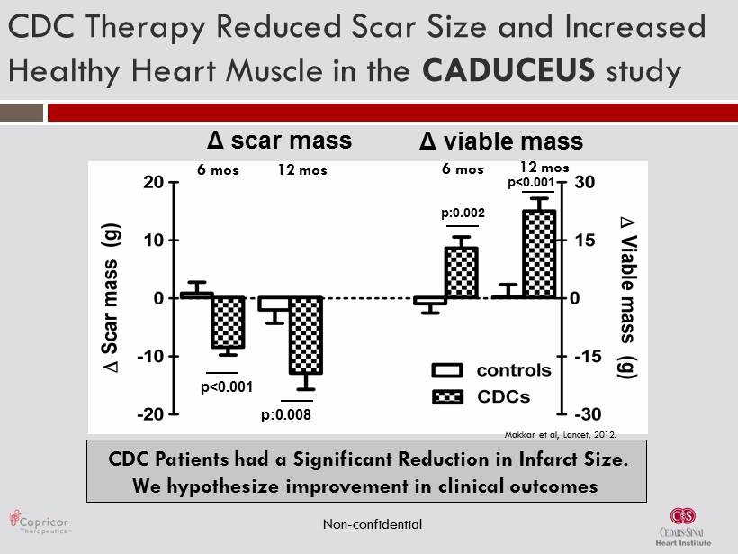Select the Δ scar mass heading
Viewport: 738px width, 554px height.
coord(279,141)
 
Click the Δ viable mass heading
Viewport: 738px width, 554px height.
coord(502,141)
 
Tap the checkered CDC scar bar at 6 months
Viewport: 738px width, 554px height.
coord(228,322)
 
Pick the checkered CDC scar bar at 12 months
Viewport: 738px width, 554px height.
coord(305,335)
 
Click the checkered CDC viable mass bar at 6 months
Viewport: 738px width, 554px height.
coord(462,272)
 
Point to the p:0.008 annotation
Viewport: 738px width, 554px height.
coord(286,415)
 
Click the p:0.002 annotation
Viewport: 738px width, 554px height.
coord(463,213)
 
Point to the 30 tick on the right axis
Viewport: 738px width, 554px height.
coord(582,182)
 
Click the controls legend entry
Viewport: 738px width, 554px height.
coord(513,370)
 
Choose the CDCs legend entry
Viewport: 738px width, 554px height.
coord(503,396)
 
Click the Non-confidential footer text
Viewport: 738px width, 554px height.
coord(372,523)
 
